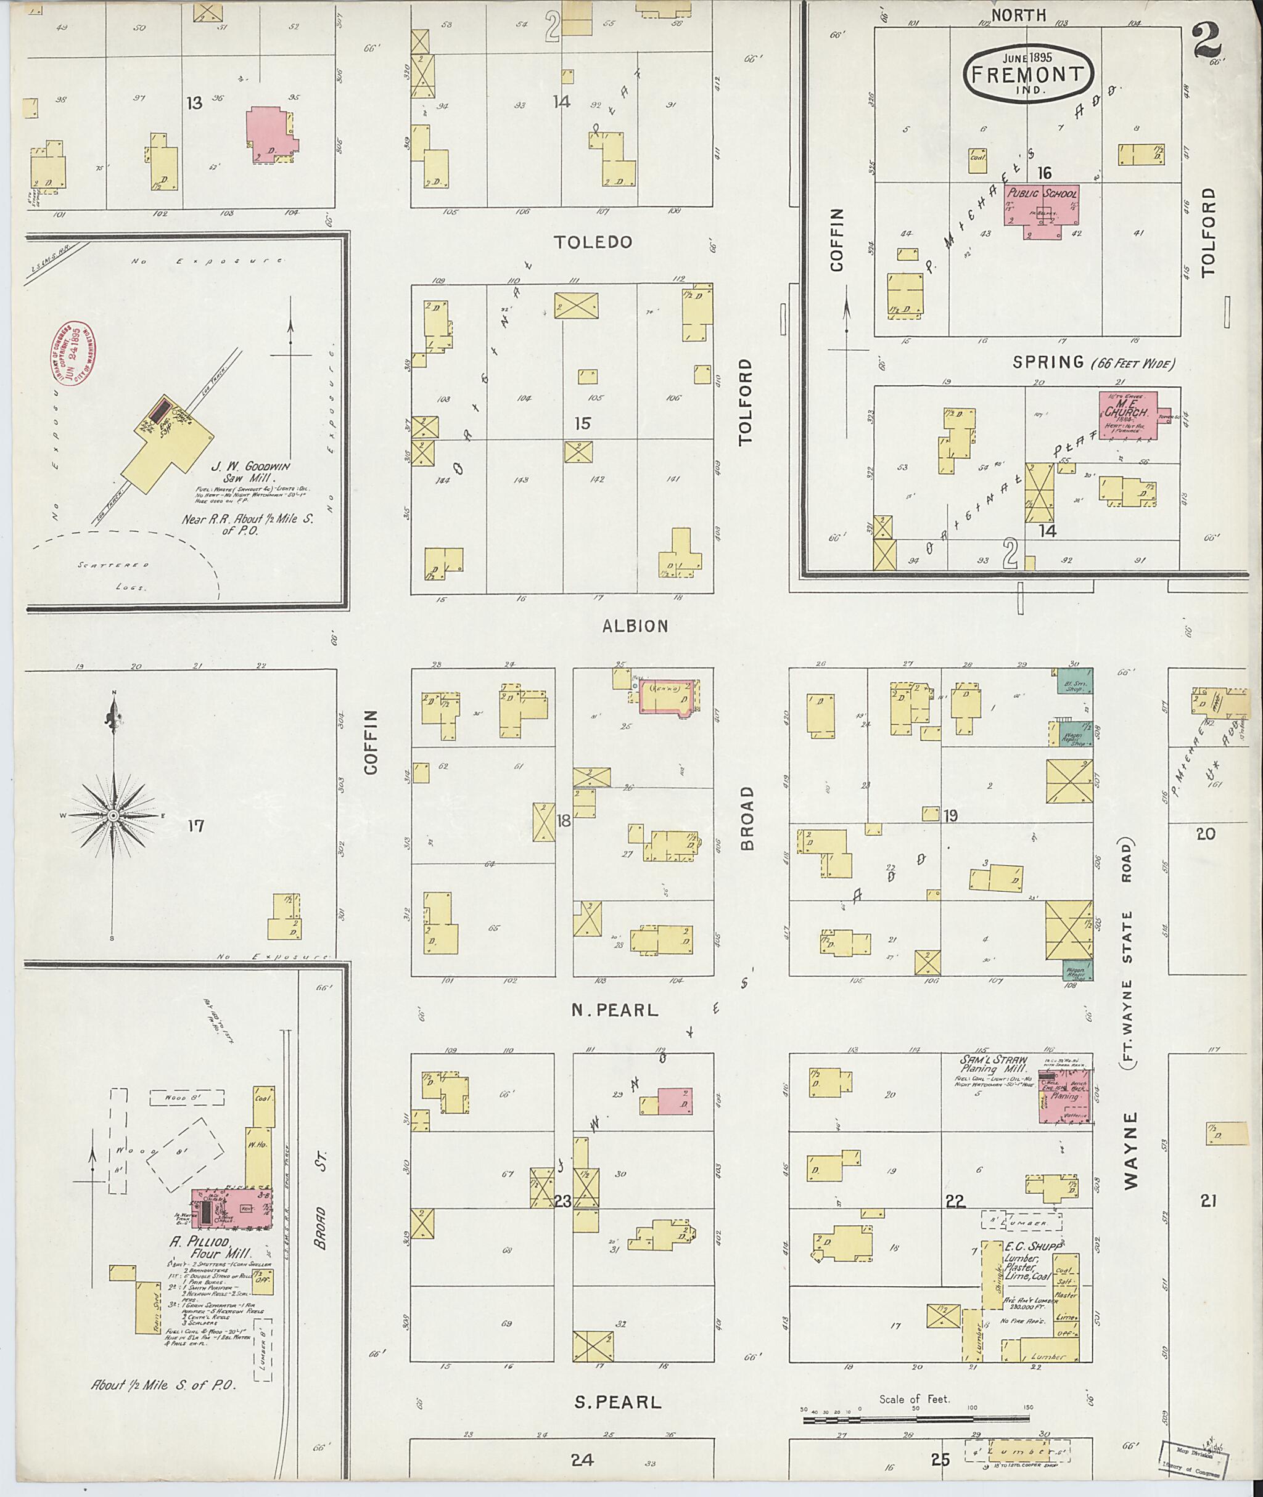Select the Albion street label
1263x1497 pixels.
(635, 626)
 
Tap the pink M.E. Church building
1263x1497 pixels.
(1129, 414)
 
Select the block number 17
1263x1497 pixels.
(195, 826)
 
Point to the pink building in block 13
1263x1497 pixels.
(271, 133)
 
